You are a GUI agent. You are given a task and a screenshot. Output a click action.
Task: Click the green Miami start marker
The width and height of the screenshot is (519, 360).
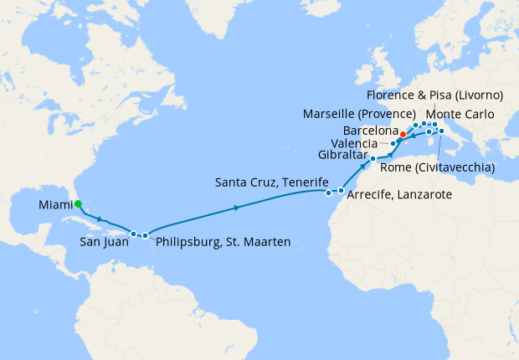pos(77,203)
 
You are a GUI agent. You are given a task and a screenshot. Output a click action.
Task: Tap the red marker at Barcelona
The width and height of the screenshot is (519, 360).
pos(403,134)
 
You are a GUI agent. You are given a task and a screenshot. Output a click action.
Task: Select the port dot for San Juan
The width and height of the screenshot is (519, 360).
pos(134,234)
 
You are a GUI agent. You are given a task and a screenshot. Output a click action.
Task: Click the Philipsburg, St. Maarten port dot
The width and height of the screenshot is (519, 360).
pos(146,235)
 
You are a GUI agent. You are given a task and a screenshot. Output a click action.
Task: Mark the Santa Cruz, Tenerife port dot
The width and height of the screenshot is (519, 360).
pos(327,193)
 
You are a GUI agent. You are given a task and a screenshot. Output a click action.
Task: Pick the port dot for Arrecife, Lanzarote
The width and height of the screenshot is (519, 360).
pos(342,191)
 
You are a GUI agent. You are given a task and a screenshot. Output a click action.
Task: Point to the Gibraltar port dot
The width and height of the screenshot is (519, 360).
pos(373,158)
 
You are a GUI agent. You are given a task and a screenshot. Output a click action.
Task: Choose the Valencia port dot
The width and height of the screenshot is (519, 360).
pos(393,144)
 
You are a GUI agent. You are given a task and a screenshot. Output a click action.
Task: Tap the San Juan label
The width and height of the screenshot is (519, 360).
pos(105,242)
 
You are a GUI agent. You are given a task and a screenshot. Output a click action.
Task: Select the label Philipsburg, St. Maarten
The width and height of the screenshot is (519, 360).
pos(223,242)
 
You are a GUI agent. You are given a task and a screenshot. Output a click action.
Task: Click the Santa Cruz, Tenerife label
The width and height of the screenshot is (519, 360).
pos(271,181)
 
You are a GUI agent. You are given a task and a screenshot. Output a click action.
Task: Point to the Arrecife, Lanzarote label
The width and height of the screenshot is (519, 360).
pos(399,194)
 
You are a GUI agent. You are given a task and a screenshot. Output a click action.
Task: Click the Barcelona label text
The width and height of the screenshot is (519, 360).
pos(370,131)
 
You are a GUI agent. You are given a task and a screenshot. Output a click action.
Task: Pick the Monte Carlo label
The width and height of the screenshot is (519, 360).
pos(460,114)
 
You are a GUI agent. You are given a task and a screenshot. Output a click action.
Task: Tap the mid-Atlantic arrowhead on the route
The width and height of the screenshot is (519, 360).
pos(238,207)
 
